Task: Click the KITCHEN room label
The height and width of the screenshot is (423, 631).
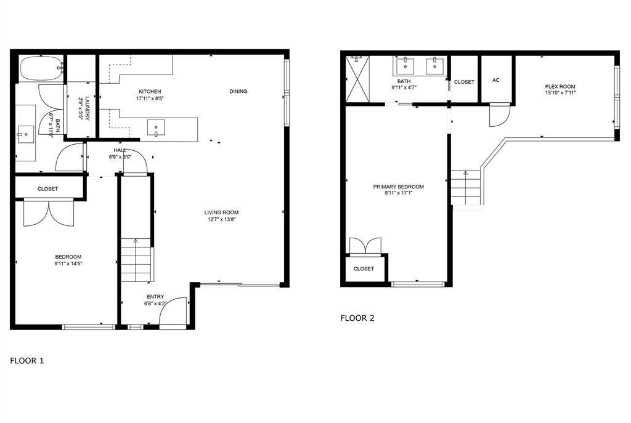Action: (x=150, y=92)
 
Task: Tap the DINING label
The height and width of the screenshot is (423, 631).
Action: (x=238, y=91)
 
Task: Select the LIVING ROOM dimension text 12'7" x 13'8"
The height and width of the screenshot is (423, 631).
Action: (x=221, y=220)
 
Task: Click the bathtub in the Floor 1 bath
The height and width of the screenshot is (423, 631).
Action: (x=41, y=68)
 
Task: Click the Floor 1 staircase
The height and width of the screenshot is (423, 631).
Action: (x=136, y=260)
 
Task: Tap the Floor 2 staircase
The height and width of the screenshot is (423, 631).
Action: (x=466, y=187)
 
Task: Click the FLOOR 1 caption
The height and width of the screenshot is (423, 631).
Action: (x=27, y=361)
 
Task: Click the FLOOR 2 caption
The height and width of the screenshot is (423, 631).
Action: (x=357, y=318)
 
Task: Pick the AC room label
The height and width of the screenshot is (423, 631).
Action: (x=496, y=81)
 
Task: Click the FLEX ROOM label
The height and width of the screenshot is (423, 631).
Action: (x=560, y=86)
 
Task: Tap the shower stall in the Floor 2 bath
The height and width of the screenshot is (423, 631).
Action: (x=357, y=78)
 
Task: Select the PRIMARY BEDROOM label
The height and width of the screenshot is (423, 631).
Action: (x=399, y=187)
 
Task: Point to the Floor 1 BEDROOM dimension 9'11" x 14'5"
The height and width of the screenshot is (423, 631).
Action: (x=68, y=264)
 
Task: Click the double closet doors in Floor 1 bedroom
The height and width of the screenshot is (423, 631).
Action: (x=49, y=213)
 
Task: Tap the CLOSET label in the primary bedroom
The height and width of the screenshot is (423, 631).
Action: (x=364, y=268)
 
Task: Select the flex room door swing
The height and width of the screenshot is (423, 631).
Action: (x=500, y=115)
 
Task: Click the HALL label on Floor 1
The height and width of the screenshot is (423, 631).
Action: (x=120, y=150)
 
